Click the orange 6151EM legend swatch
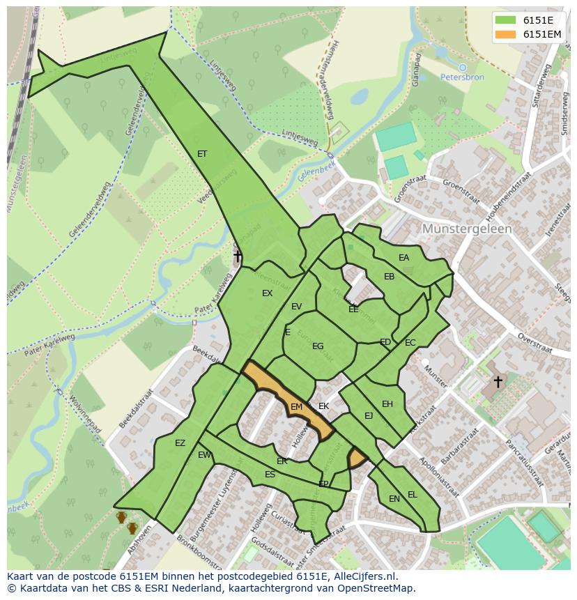tap(505, 34)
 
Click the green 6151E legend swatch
tap(505, 20)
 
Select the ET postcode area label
tap(202, 154)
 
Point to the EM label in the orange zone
tap(296, 407)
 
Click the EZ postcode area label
tap(180, 443)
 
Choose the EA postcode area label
tap(403, 258)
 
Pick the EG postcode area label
tap(318, 346)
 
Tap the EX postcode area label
tap(267, 293)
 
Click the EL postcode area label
tap(412, 495)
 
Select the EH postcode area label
tap(387, 404)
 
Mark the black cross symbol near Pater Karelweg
tap(238, 256)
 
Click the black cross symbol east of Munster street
tap(498, 381)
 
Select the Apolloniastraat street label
tap(438, 477)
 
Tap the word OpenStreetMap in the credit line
tap(377, 588)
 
